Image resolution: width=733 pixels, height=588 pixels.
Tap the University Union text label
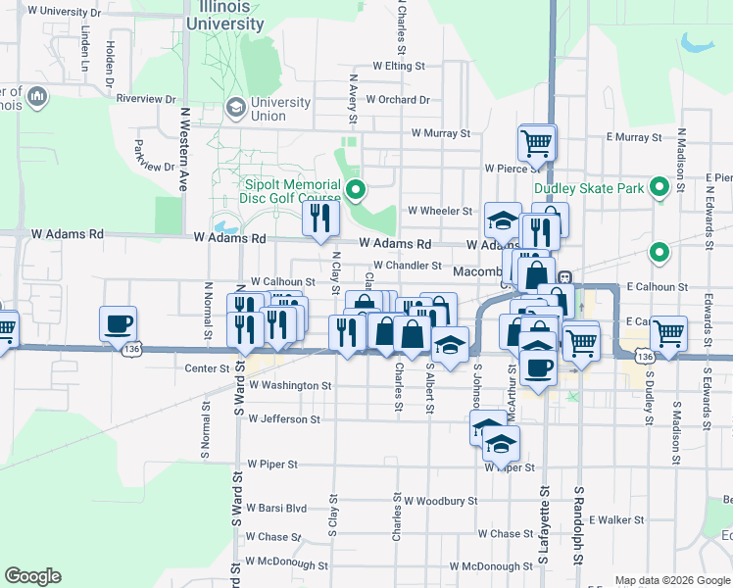[281, 109]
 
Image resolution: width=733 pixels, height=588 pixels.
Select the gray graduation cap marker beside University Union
[235, 106]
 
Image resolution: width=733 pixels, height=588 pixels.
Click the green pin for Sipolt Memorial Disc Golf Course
[357, 188]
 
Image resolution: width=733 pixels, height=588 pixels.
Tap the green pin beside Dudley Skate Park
[660, 185]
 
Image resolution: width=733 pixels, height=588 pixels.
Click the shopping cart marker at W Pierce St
[537, 142]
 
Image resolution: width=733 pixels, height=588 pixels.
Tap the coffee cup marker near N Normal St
[118, 323]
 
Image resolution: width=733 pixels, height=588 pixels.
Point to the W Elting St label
[399, 67]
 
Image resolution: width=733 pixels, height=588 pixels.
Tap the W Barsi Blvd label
[276, 508]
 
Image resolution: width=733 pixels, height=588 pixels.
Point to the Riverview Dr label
[145, 99]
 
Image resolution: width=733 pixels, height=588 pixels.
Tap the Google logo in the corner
[32, 576]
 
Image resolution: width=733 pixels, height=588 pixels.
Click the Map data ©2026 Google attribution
[672, 580]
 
